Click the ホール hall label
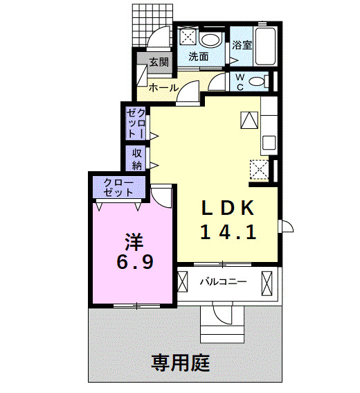(164, 88)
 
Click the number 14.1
(229, 232)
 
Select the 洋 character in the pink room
(133, 242)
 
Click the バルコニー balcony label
(224, 282)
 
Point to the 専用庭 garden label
(181, 361)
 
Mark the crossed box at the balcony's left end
(183, 282)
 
